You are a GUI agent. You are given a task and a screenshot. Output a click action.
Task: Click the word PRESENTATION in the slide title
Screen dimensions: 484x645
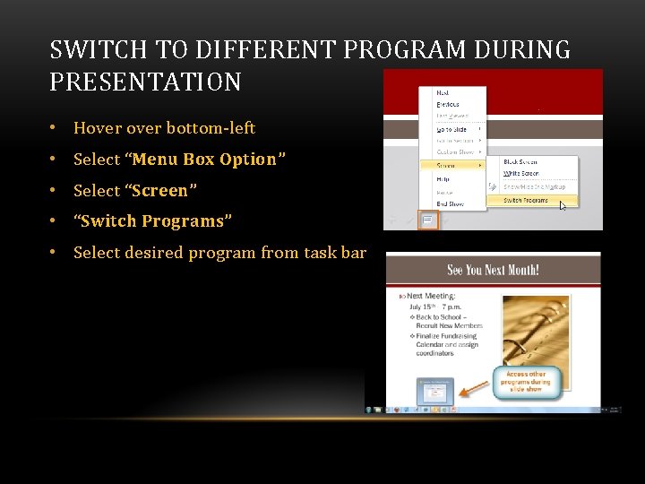[x=145, y=82]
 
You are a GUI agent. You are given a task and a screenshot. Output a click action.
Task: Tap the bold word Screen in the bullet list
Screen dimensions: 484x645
[x=160, y=191]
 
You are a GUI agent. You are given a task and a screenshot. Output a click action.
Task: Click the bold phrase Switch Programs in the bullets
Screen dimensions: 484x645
[x=152, y=221]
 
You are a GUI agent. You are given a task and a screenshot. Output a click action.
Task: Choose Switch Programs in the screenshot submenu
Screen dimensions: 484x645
[x=526, y=200]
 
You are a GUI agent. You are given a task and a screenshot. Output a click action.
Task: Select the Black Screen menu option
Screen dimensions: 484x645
[x=520, y=162]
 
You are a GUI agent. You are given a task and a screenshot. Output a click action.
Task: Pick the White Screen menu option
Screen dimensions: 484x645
[x=520, y=172]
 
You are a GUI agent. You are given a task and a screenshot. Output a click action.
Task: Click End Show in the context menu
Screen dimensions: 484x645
[x=450, y=203]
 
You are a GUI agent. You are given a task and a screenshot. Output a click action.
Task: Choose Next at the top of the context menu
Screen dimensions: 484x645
[x=443, y=92]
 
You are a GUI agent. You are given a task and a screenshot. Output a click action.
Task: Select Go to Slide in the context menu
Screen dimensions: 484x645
[x=451, y=130]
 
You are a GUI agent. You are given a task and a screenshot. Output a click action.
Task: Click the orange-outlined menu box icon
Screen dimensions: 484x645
[x=427, y=220]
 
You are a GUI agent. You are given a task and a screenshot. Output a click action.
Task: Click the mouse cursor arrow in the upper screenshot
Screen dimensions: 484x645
[x=563, y=206]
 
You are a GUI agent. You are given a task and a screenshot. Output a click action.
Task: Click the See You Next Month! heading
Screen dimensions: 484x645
[x=494, y=269]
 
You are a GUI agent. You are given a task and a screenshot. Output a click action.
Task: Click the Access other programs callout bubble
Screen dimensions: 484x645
[x=527, y=383]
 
